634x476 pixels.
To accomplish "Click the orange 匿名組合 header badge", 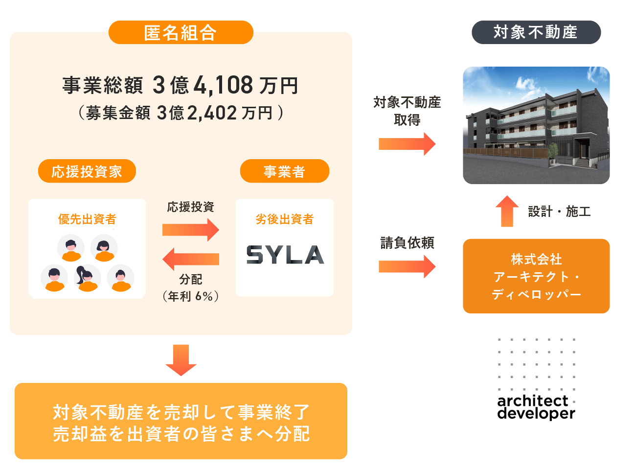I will [181, 33].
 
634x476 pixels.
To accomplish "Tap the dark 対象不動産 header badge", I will [536, 32].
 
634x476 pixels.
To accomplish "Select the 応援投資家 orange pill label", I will [87, 171].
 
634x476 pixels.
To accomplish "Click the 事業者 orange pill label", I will [284, 171].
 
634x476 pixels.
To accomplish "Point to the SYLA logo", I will [285, 255].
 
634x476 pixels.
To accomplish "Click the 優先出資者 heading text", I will [87, 219].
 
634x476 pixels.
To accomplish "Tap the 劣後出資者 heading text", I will [285, 219].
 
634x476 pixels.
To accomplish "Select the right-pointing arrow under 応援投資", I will [191, 230].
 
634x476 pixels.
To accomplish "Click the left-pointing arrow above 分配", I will [191, 259].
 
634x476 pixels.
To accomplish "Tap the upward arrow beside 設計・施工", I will [507, 211].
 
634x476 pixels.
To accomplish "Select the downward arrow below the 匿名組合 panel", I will [181, 360].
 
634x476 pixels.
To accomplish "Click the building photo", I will [536, 125].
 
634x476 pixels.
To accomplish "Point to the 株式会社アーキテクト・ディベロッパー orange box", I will [536, 276].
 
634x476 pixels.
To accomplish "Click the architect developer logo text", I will [536, 407].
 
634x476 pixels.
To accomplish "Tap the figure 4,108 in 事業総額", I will [224, 86].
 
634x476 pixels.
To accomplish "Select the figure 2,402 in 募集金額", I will [212, 113].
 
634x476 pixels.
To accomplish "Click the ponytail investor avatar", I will [87, 278].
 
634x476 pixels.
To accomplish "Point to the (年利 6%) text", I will [191, 296].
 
